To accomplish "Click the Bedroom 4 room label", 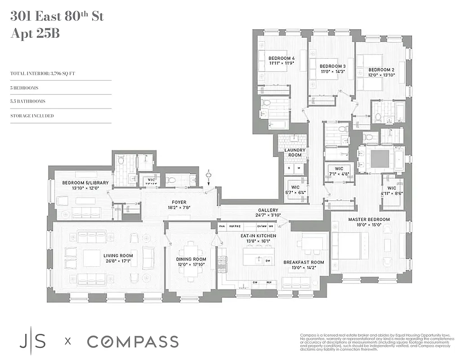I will tap(282, 58).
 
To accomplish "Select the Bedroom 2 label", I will tap(381, 70).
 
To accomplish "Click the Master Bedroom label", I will tap(369, 220).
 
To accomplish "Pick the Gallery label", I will tap(268, 210).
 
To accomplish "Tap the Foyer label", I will tap(179, 202).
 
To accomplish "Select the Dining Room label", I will tap(191, 259).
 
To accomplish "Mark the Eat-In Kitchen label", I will tap(258, 235).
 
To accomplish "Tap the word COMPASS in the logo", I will tap(133, 342).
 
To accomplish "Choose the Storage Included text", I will tap(32, 116).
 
